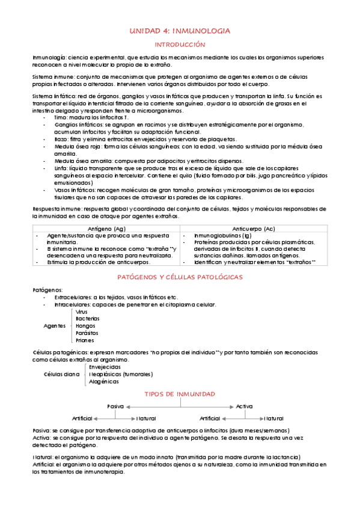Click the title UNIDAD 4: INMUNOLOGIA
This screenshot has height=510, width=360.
coord(180,31)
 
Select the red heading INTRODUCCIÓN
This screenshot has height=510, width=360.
coord(180,45)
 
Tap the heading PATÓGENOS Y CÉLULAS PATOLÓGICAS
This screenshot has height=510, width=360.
coord(180,277)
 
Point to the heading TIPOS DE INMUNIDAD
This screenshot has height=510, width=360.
coord(180,394)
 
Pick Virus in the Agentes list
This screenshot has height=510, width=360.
coord(82,312)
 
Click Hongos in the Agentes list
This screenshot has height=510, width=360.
coord(85,325)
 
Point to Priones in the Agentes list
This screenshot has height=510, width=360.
coord(86,340)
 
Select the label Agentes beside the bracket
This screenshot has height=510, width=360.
coord(55,325)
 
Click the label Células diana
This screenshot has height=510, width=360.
coord(62,374)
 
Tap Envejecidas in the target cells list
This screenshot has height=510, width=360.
coord(105,366)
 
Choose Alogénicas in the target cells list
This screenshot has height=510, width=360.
coord(104,381)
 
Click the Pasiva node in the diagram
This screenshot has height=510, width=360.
coord(115,407)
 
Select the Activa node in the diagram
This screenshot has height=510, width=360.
coord(245,407)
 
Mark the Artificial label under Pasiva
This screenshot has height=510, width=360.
coord(83,418)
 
